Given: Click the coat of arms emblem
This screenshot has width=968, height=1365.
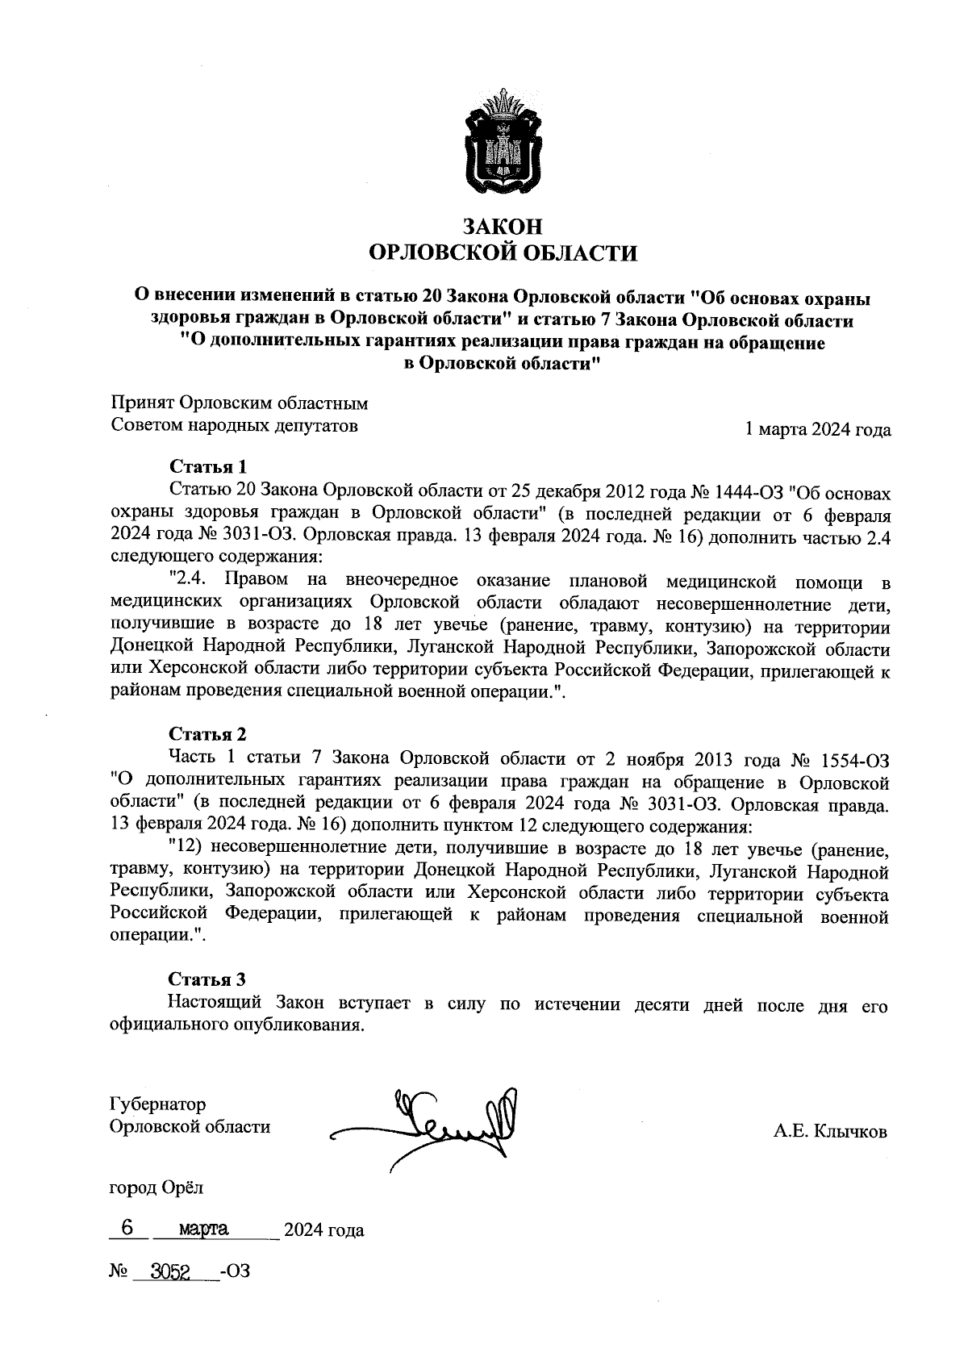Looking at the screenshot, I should (502, 144).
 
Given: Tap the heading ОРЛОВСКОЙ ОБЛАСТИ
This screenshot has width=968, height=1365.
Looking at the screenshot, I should (502, 253).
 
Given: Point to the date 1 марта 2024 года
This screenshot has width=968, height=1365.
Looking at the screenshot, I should (818, 430).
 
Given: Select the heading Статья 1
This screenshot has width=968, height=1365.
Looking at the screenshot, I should (207, 466).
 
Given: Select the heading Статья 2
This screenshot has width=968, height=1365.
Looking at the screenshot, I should (207, 734).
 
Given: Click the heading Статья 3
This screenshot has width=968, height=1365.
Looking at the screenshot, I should (207, 979).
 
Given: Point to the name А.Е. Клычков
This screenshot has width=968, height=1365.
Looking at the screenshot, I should (830, 1132).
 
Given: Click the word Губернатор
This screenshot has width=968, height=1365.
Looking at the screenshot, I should (157, 1104).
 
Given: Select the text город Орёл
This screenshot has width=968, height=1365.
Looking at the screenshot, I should (156, 1188).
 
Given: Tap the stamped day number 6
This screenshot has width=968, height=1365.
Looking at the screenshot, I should (127, 1228).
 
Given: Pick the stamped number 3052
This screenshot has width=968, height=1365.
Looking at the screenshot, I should (165, 1272).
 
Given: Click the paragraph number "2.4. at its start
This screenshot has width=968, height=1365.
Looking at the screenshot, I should (190, 581).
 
